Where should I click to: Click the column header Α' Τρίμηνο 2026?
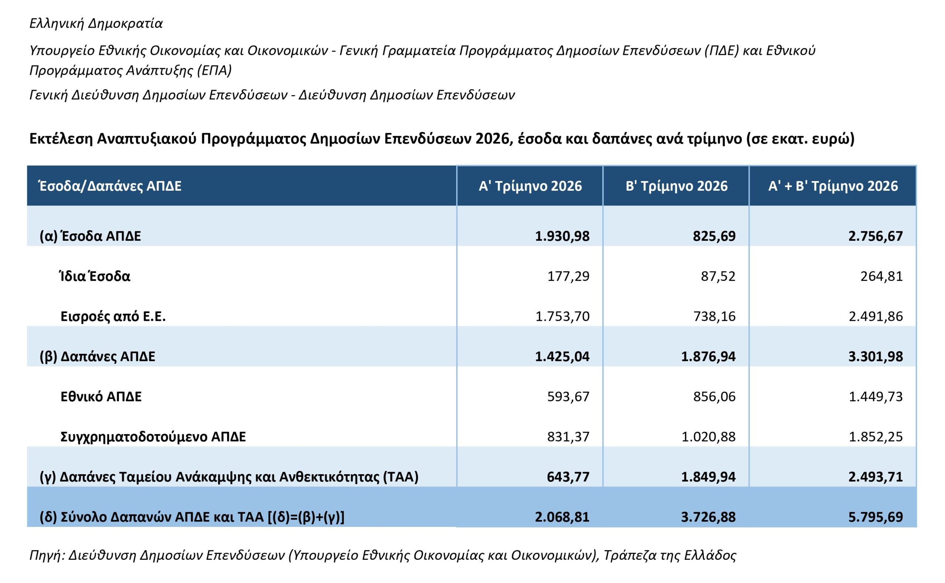pos(530,186)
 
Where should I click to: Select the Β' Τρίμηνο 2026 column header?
pos(676,186)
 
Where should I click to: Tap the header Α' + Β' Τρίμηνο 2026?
pos(833,186)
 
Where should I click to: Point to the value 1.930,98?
pos(562,236)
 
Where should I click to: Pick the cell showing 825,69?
pos(714,236)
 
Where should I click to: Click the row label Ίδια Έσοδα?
pos(95,276)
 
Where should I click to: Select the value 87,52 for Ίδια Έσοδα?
pos(718,276)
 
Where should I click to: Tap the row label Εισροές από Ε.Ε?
pos(113,316)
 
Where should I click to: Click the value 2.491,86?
pos(876,316)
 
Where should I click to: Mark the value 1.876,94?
pos(708,356)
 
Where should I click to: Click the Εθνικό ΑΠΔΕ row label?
pos(101,396)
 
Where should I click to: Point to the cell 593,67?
pos(568,396)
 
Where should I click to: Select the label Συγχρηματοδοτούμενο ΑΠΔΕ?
pos(153,437)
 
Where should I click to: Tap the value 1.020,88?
pos(708,437)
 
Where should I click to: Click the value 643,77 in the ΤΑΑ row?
pos(568,477)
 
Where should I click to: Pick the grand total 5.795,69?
pos(876,517)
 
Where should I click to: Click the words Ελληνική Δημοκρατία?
pos(96,24)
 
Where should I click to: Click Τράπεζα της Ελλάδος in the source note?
pos(670,555)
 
